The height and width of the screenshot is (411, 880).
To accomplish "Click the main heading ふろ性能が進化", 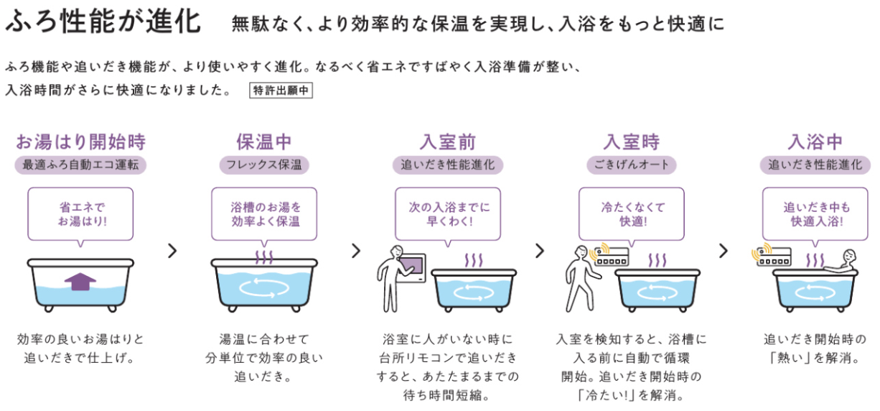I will tap(103, 22).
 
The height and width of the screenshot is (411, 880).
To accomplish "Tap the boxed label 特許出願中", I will tap(281, 91).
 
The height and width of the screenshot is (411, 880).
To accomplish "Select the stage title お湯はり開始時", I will tap(80, 141).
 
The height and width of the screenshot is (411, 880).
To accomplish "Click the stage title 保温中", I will tap(264, 141).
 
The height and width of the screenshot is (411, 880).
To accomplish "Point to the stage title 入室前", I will tap(448, 141).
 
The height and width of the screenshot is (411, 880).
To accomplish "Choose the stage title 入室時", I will tap(632, 141).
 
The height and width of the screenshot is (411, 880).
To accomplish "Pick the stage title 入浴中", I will tap(815, 141).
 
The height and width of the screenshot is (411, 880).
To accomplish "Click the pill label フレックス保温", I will tap(264, 165).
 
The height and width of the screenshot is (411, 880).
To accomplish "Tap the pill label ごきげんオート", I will tap(632, 165).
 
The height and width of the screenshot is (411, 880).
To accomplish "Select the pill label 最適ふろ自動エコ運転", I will tap(80, 165).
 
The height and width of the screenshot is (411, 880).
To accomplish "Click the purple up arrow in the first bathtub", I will tap(80, 282).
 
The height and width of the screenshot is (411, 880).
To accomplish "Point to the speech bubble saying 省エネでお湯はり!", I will tap(80, 213).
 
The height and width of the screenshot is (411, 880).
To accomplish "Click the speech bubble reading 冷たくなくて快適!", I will tap(632, 213).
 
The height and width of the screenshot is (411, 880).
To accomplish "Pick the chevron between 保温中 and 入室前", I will tap(356, 251).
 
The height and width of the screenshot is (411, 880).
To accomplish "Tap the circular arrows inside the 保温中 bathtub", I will tap(264, 287).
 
